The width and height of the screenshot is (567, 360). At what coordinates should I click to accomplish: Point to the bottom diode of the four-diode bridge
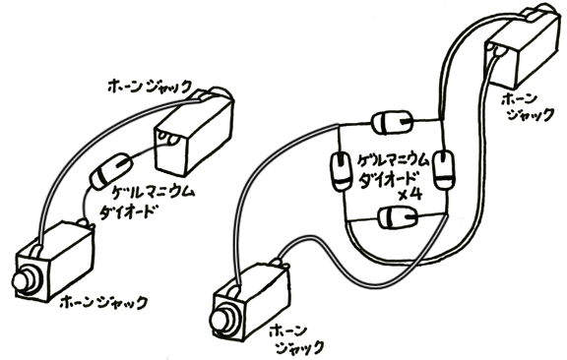[394, 218]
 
